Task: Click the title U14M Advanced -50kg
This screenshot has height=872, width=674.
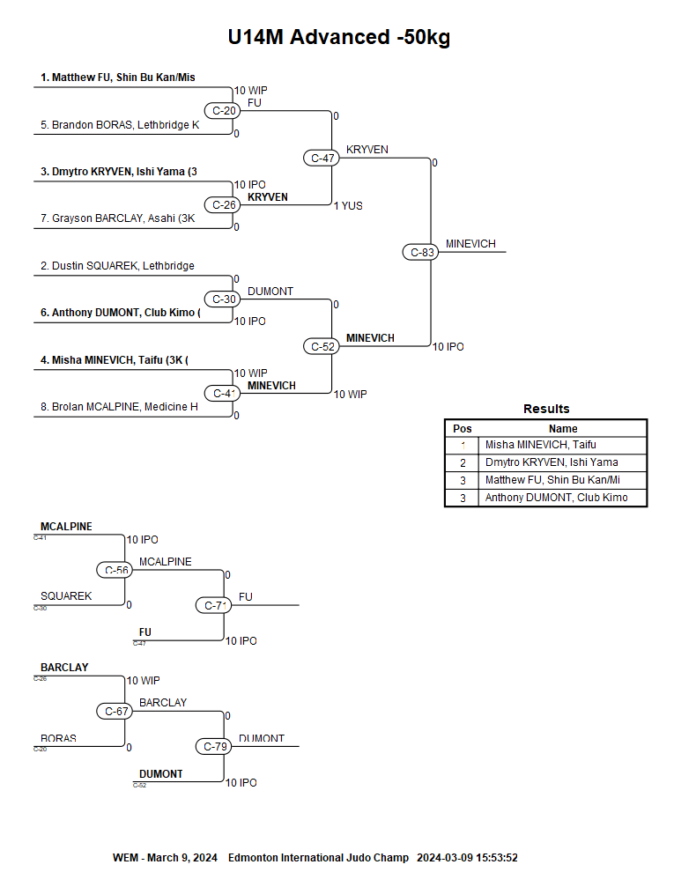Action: pos(339,37)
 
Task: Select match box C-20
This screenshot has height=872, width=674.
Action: pos(221,111)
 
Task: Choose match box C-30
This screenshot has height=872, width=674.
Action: pos(221,299)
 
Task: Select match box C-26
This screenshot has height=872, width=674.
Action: pos(221,205)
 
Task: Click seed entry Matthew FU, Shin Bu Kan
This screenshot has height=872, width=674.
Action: pos(117,78)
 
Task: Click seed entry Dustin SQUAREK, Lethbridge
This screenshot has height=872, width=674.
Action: pos(117,266)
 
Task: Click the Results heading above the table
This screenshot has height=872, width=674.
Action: pos(546,409)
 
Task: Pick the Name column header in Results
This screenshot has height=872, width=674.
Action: pos(563,429)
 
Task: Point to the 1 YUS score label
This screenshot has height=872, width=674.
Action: pos(348,206)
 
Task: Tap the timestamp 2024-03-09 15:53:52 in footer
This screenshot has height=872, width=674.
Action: pos(467,858)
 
